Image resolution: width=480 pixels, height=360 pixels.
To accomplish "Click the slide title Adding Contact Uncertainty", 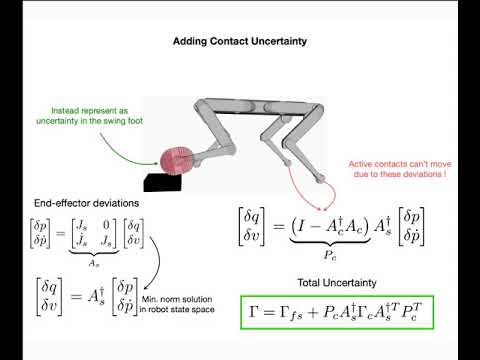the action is (240, 43).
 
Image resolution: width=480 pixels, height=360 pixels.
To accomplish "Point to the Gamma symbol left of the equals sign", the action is (257, 314).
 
